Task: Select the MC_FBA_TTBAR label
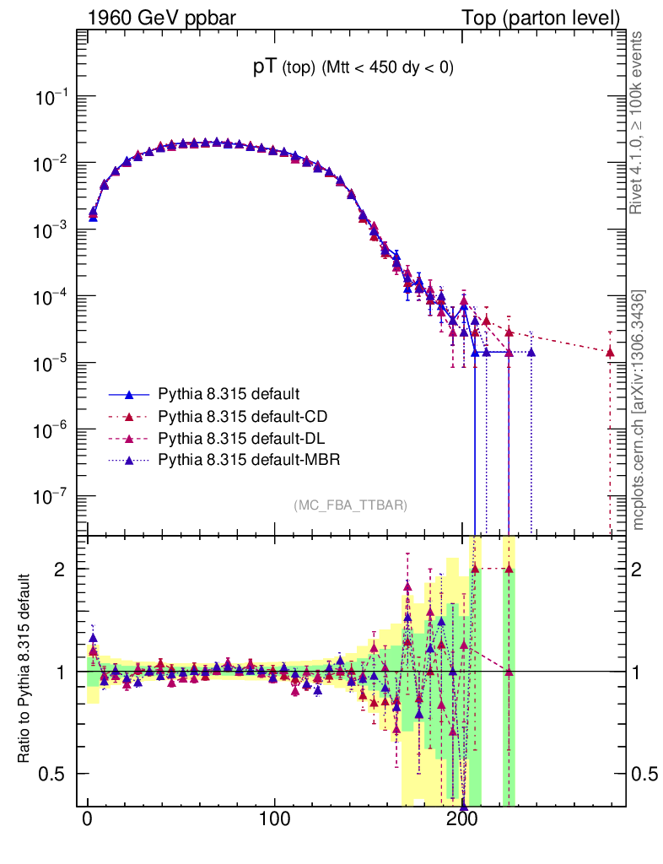[351, 505]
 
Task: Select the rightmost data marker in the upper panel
[610, 352]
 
